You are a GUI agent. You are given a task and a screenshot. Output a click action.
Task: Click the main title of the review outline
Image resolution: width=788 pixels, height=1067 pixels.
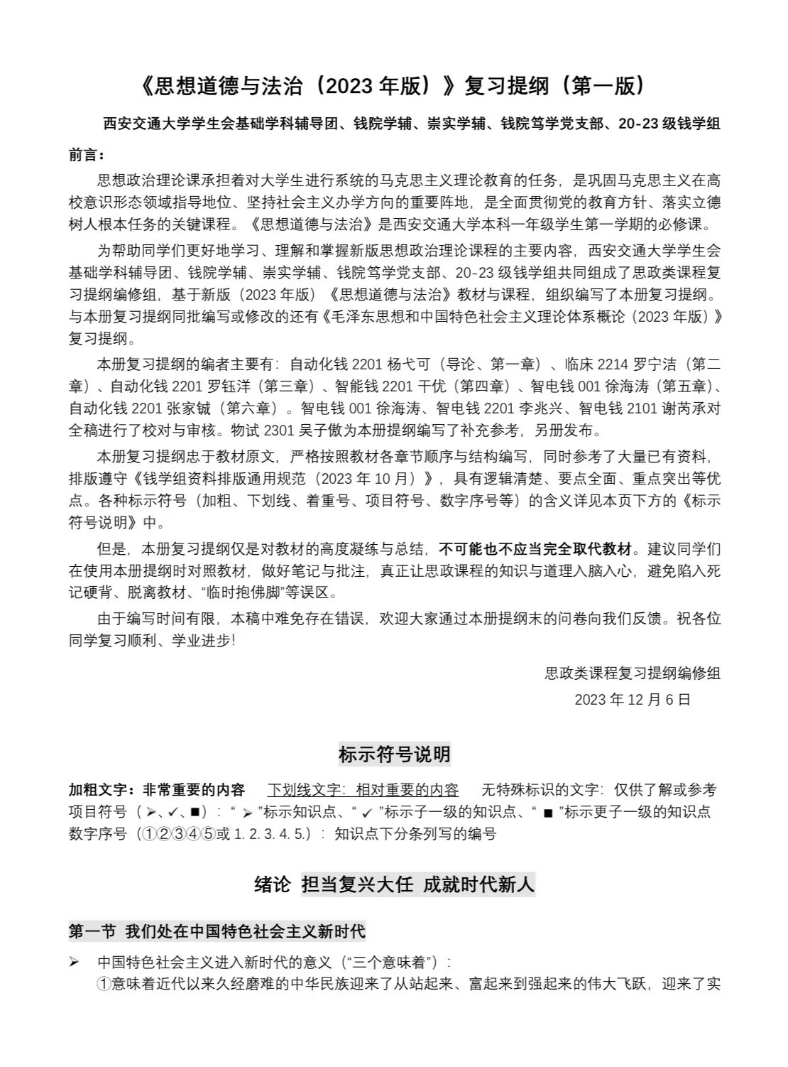(x=393, y=86)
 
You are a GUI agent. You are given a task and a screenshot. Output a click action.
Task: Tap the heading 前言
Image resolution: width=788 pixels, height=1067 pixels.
(x=87, y=155)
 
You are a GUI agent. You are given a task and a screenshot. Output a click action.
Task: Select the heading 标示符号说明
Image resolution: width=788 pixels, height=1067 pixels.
(x=394, y=754)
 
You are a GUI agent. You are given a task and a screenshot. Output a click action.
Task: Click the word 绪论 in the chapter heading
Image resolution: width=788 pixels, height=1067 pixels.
(x=273, y=884)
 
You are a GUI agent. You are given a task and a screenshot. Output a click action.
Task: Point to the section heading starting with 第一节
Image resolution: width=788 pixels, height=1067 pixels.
(x=217, y=931)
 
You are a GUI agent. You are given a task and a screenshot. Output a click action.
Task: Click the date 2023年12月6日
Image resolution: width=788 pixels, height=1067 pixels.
(x=632, y=700)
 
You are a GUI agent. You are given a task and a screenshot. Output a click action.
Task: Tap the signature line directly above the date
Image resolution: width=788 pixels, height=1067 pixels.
(x=632, y=673)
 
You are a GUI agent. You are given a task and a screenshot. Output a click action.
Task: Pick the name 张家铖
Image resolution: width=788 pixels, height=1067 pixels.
(x=189, y=409)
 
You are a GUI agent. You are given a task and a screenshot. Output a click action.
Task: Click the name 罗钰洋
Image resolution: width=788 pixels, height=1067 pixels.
(x=230, y=387)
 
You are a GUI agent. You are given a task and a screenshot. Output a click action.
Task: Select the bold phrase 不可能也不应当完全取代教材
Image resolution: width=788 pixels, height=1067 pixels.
(x=535, y=549)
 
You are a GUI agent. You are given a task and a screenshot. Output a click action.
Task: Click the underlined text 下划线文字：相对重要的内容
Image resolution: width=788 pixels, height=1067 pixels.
(x=363, y=790)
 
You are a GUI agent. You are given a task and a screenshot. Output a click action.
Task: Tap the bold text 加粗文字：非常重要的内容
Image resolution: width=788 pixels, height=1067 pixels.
(x=156, y=790)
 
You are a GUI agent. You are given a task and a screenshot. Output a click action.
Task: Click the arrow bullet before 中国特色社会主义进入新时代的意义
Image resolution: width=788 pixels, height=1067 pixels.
(x=74, y=963)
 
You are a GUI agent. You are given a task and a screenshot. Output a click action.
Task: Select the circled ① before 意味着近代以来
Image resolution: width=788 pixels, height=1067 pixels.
(x=104, y=985)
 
